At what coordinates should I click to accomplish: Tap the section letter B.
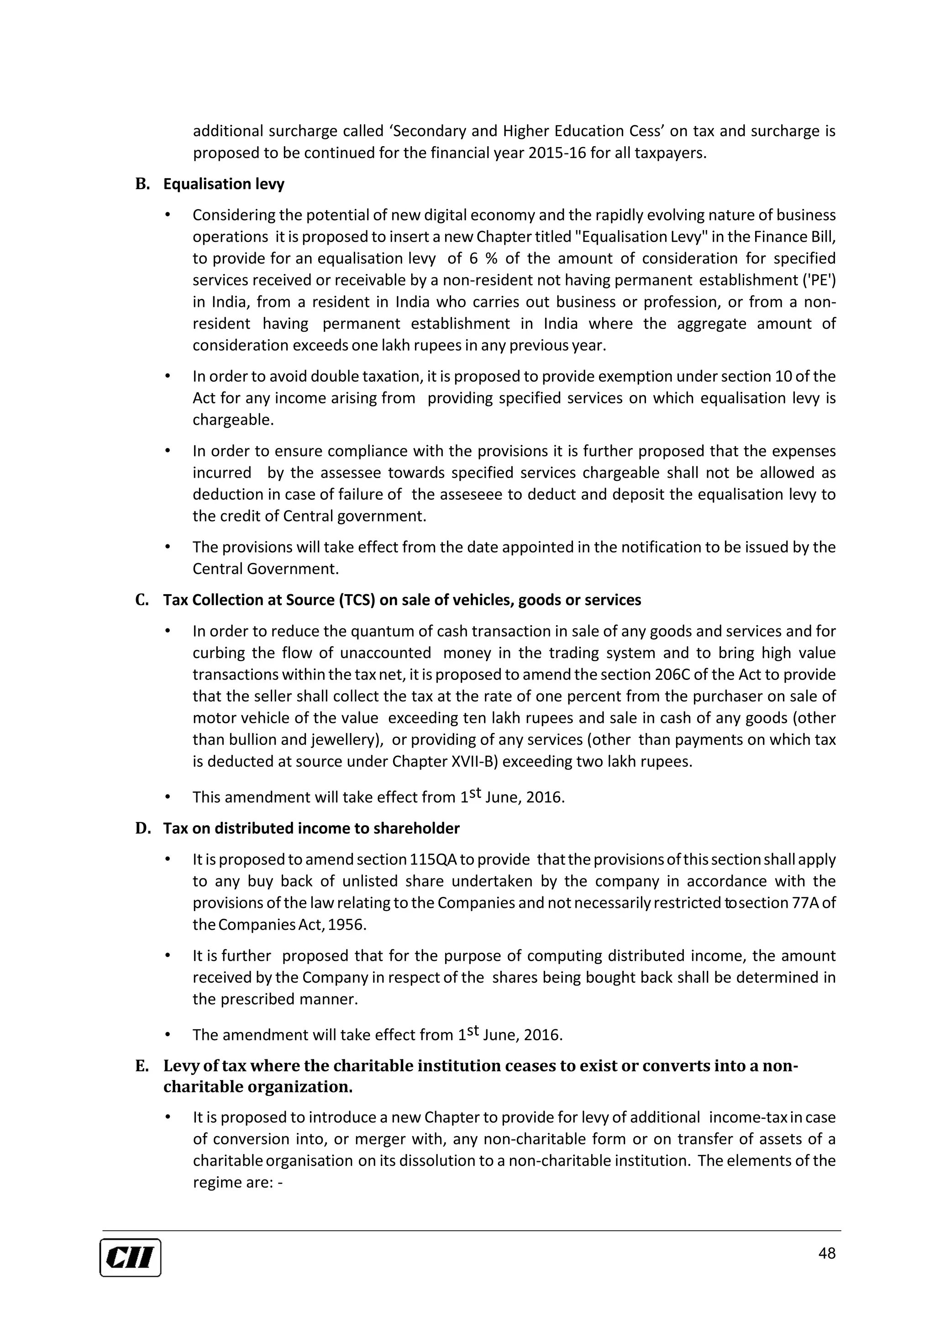point(142,184)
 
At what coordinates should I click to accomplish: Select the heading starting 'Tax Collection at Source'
point(402,600)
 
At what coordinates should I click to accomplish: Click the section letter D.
point(142,828)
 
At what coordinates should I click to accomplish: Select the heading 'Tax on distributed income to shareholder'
point(311,828)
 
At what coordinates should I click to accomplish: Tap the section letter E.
point(142,1066)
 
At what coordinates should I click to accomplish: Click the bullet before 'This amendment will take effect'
point(168,797)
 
